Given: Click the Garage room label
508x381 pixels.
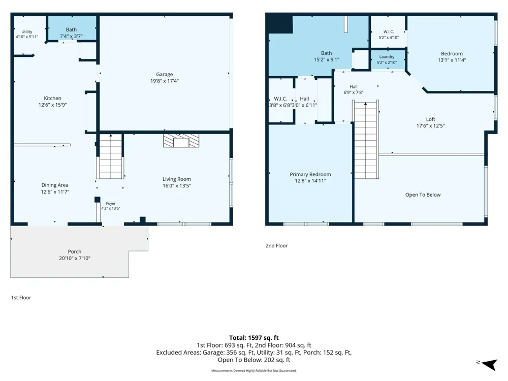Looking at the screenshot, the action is coord(164,74).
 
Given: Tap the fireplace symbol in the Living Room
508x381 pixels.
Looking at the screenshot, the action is coord(181,141).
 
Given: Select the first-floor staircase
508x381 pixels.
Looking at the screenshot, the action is coord(110,156).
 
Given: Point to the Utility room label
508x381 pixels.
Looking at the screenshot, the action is coord(27,31).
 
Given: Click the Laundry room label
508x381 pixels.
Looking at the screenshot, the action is coord(387,57).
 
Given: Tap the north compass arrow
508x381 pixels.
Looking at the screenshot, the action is coord(490,364).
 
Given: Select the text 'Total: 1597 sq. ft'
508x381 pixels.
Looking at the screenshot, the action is coord(253,338).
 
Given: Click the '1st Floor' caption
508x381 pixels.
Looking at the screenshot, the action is coord(21,297).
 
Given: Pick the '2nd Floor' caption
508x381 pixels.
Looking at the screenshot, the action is coord(277,245).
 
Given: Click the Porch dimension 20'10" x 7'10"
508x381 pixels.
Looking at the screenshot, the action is coord(75,258).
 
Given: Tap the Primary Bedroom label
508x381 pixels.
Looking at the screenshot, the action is coord(310,174).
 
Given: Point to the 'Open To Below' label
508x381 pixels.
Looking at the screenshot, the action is coord(423,195).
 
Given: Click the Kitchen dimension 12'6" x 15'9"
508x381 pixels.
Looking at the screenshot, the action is coord(52,105).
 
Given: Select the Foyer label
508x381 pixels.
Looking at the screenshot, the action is coord(111,204).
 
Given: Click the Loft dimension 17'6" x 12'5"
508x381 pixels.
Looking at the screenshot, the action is coord(431,125).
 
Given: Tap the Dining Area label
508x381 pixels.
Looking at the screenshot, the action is coord(55,185).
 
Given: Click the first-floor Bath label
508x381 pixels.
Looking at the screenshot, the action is coord(71,29).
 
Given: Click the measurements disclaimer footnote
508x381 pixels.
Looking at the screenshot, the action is coord(253,371).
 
